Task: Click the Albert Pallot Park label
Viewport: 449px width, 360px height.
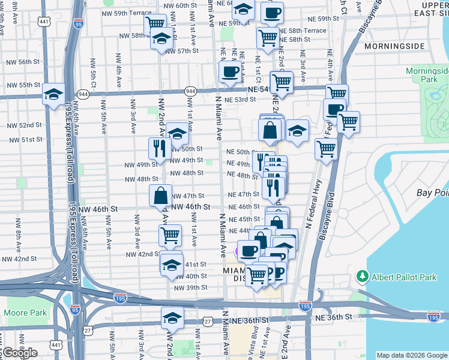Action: (x=403, y=276)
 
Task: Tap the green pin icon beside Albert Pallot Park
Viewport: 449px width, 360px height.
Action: (x=362, y=276)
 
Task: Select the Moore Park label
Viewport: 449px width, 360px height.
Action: (x=25, y=313)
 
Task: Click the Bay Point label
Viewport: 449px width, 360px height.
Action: (x=432, y=193)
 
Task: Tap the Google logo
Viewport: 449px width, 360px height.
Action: (x=20, y=353)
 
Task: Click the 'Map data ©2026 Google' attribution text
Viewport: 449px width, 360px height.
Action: (x=412, y=355)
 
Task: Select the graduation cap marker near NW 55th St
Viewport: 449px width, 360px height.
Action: (x=53, y=94)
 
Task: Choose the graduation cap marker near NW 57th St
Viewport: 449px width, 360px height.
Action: (x=161, y=40)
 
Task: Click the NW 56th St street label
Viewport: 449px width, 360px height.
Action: (x=20, y=62)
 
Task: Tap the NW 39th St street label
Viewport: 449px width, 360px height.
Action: (x=190, y=287)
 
